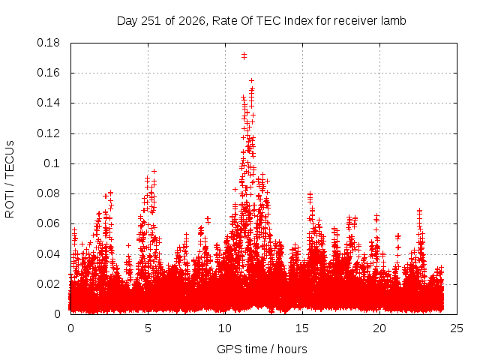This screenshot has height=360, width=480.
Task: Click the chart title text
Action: (262, 21)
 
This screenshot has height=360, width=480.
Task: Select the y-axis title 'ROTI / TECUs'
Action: (10, 179)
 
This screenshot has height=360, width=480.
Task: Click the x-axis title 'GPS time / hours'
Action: (262, 349)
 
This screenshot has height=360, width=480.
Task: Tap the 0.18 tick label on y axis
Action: (48, 43)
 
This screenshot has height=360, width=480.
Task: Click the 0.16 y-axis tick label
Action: (48, 73)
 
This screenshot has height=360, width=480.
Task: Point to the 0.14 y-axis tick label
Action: (48, 103)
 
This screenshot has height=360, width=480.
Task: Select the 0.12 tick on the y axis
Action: (48, 133)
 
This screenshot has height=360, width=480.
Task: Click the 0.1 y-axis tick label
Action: (52, 163)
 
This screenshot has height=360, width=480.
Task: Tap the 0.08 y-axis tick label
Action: (48, 193)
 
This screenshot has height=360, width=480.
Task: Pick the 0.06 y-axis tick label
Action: (48, 223)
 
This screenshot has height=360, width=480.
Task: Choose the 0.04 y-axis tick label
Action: (48, 254)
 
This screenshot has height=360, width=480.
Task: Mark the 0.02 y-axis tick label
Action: (48, 284)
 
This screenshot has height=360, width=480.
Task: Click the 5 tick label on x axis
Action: (148, 328)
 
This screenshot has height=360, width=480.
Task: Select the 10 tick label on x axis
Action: (225, 328)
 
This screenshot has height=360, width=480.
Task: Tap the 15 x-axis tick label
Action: (302, 328)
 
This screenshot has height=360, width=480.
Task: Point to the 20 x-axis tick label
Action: (379, 328)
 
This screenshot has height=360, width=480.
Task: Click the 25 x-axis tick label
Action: (457, 328)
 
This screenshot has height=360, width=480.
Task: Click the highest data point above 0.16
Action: (244, 55)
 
